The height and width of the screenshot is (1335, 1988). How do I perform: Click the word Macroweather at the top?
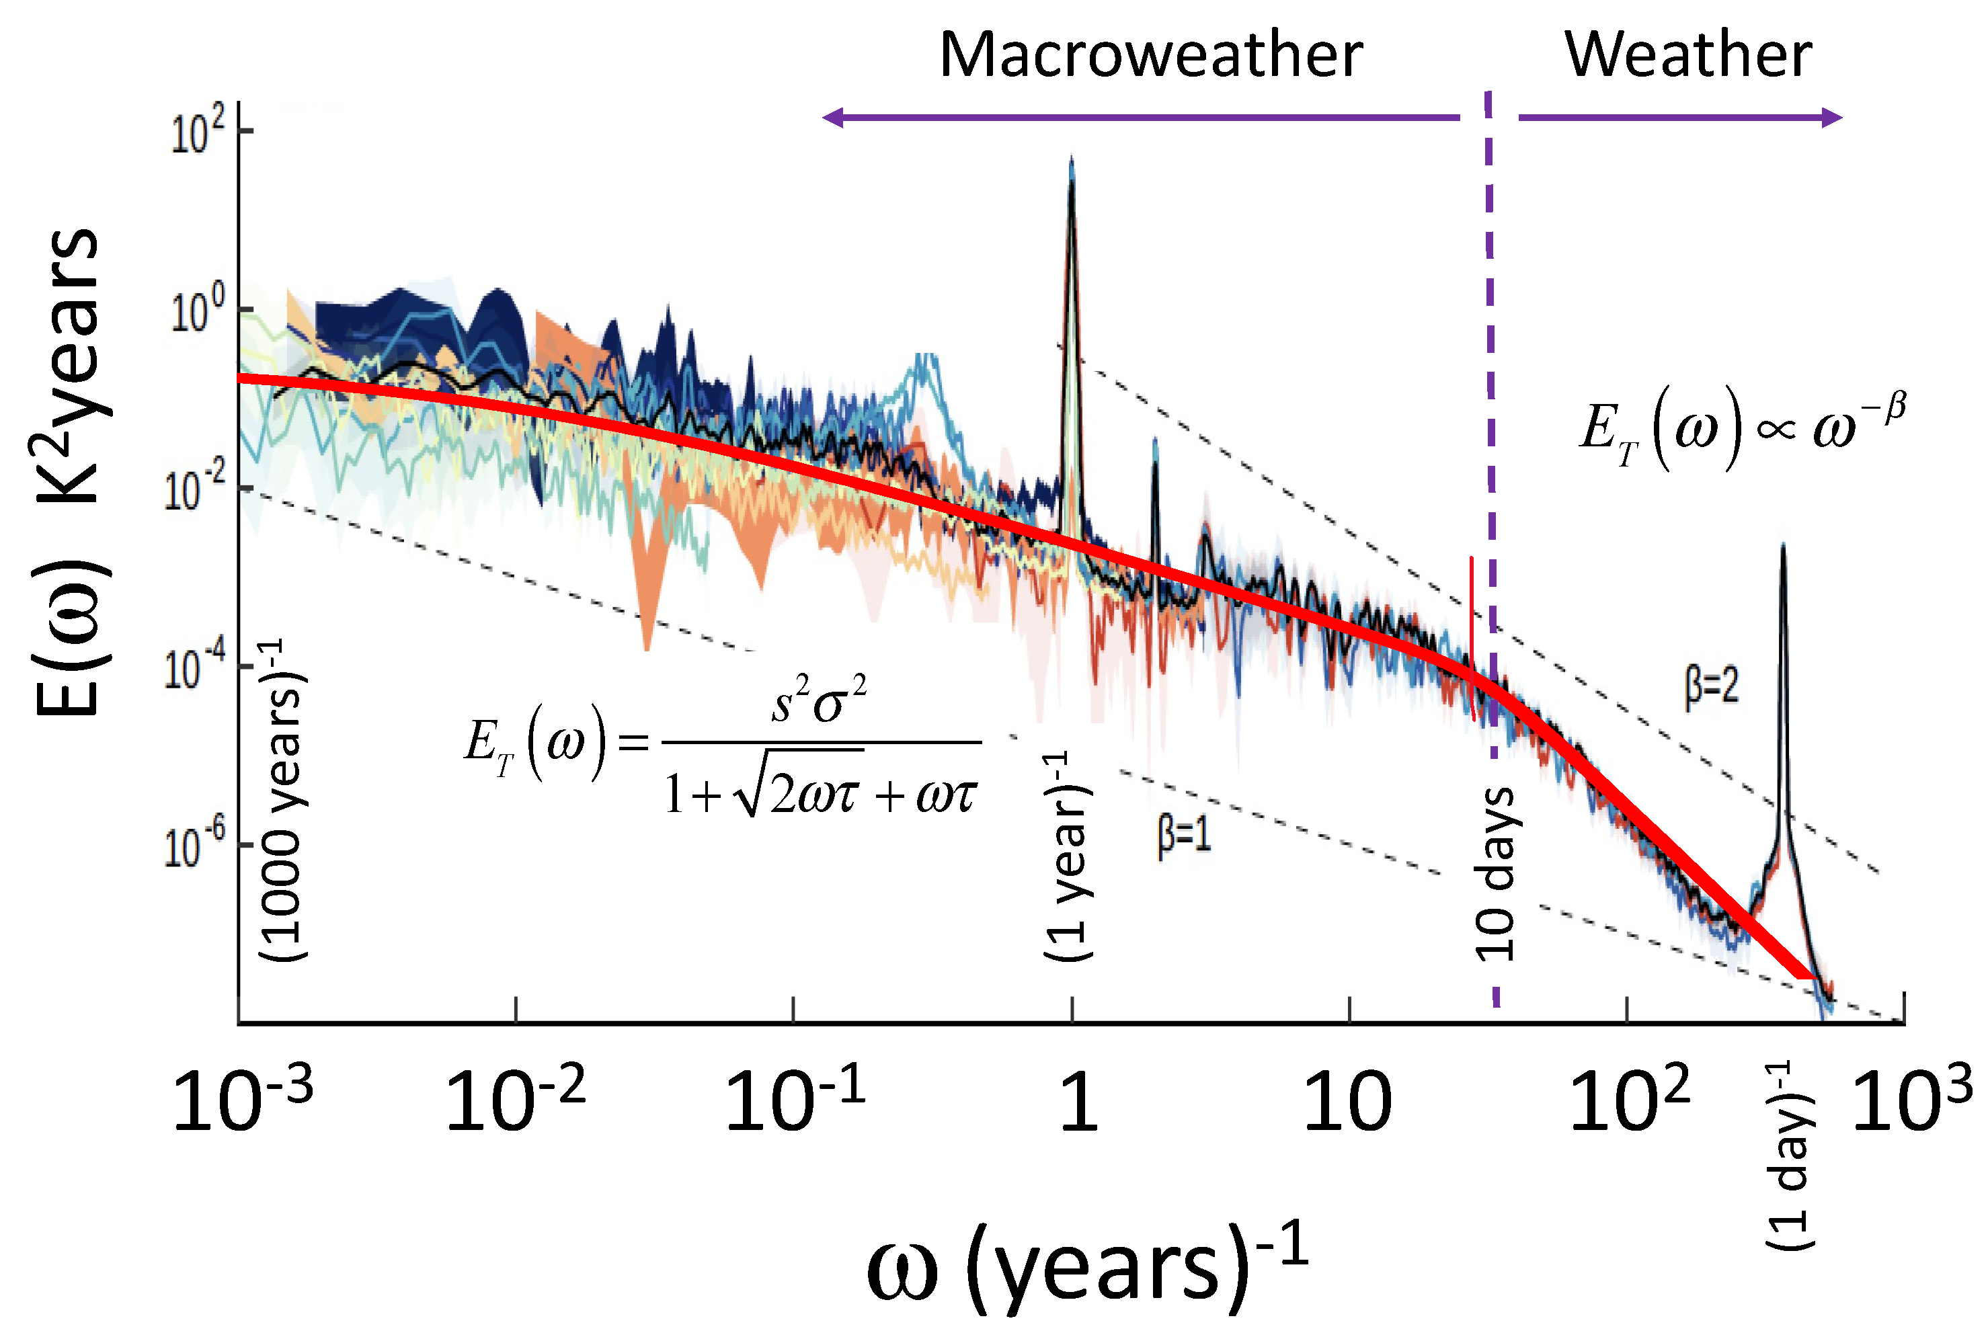(x=1150, y=56)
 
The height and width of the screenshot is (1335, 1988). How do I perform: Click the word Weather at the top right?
(x=1687, y=56)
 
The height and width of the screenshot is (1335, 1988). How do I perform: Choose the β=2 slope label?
(x=1711, y=686)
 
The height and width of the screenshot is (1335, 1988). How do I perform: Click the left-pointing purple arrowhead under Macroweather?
(x=831, y=118)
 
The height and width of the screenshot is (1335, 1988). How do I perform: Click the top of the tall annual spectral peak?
(x=1071, y=160)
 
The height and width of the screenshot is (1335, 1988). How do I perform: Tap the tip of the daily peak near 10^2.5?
(x=1783, y=546)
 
